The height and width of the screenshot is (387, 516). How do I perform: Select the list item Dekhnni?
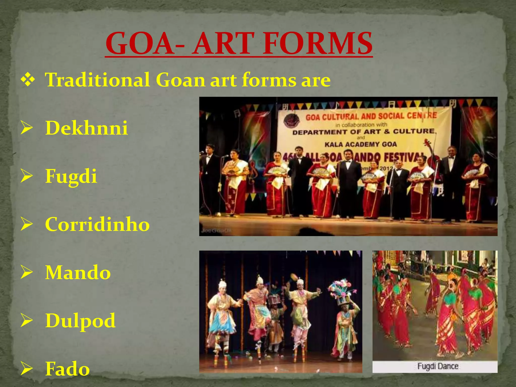click(x=86, y=128)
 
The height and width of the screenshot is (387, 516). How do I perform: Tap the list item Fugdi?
click(x=71, y=176)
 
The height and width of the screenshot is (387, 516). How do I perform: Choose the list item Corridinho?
click(x=98, y=224)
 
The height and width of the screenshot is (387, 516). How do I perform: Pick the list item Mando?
click(x=78, y=273)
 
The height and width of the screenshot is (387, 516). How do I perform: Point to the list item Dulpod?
click(x=80, y=321)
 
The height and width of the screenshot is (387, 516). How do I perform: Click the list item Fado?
click(x=68, y=369)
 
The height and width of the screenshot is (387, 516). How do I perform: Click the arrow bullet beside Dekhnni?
click(x=27, y=128)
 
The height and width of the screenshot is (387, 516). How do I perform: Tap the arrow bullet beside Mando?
click(x=27, y=273)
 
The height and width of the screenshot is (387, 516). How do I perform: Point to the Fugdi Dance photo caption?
click(x=438, y=366)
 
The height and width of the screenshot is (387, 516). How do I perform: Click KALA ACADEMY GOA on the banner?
click(x=361, y=144)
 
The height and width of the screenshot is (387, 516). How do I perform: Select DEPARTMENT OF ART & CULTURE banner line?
click(x=364, y=132)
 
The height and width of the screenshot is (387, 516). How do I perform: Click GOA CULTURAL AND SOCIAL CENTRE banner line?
click(x=371, y=116)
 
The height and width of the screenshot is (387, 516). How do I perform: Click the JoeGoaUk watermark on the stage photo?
click(x=216, y=230)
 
